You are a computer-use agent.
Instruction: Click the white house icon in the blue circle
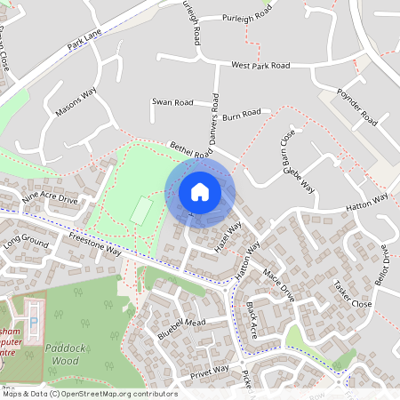pos(200,191)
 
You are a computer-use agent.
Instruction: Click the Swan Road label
pos(172,102)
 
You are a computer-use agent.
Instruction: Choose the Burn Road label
pos(241,114)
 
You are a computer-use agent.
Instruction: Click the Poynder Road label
pos(357,105)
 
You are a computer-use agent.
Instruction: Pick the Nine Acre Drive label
pos(50,197)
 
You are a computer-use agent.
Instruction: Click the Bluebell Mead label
pos(181,328)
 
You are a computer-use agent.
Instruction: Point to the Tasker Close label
pos(352,294)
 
